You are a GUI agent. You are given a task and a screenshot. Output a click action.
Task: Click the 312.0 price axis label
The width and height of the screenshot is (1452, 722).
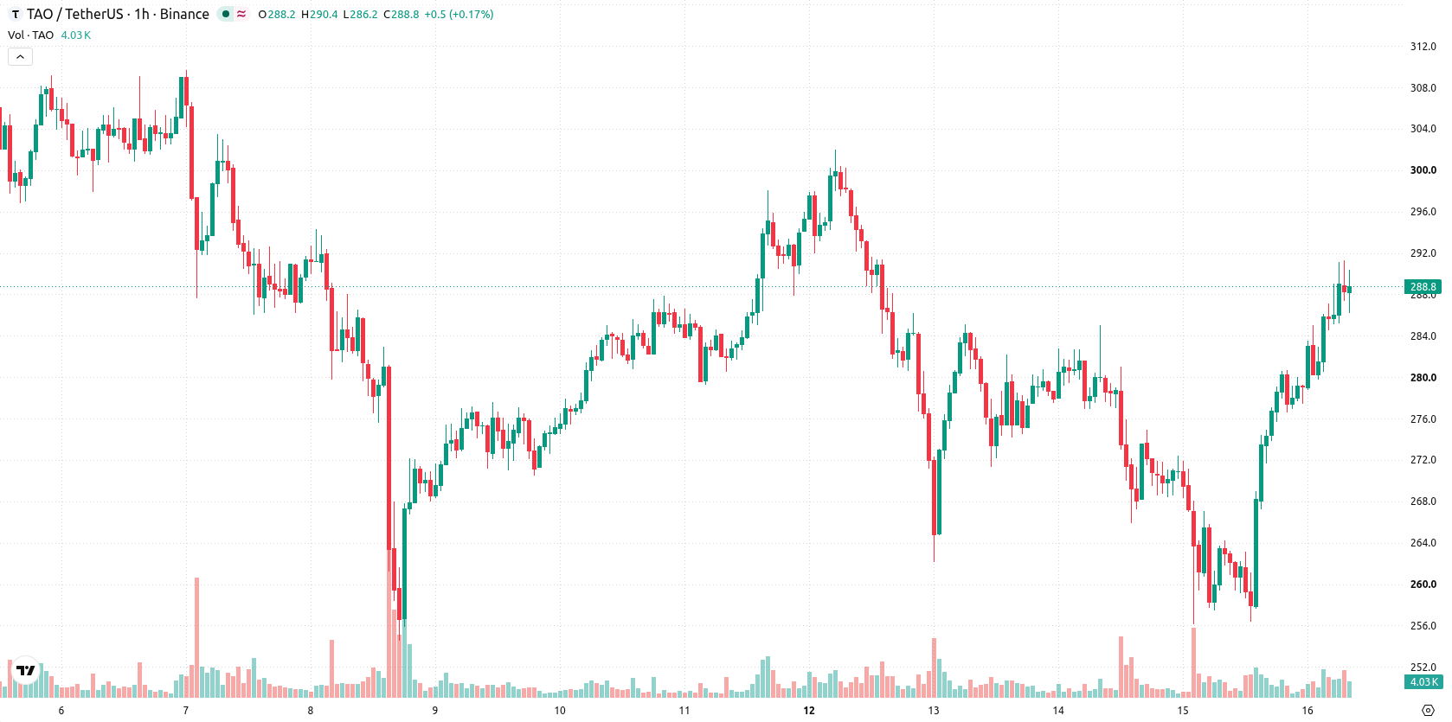click(1423, 47)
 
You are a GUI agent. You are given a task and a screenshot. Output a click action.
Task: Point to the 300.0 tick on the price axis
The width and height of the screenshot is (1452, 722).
click(1423, 170)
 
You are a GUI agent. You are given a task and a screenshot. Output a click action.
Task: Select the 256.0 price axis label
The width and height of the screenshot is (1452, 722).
click(1423, 625)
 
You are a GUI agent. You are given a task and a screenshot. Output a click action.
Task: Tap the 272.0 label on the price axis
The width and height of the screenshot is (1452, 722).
click(1423, 460)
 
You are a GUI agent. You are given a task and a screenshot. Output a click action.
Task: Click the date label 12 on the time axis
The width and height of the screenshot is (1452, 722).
click(809, 711)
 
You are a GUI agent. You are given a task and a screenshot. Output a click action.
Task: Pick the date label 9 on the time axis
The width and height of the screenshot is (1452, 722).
click(435, 711)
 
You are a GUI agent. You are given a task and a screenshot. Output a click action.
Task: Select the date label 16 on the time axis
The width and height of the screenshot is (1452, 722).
click(1307, 711)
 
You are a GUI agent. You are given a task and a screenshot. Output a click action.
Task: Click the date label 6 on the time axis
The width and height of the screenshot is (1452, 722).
click(61, 711)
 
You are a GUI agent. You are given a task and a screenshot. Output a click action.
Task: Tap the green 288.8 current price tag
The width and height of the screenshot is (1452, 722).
click(1423, 287)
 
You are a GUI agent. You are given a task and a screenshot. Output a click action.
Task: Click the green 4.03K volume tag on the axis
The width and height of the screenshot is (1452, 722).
click(1423, 682)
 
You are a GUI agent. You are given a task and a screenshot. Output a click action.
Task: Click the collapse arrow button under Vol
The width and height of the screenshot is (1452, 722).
click(20, 57)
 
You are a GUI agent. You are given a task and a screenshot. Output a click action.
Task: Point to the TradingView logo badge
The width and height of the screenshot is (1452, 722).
click(26, 670)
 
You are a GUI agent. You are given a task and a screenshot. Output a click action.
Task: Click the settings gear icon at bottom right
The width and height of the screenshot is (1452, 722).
click(1428, 711)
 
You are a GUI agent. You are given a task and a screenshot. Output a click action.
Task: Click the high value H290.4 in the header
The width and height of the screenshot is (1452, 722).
click(319, 14)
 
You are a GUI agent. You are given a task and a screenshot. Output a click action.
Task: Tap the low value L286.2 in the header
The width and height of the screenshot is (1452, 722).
click(361, 14)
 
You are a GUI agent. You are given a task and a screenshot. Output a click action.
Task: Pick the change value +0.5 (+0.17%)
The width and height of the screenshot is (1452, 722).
click(459, 14)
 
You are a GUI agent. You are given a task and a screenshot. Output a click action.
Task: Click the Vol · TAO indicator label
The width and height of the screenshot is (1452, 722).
click(30, 35)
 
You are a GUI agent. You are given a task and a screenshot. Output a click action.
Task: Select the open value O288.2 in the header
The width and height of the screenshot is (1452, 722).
click(277, 14)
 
